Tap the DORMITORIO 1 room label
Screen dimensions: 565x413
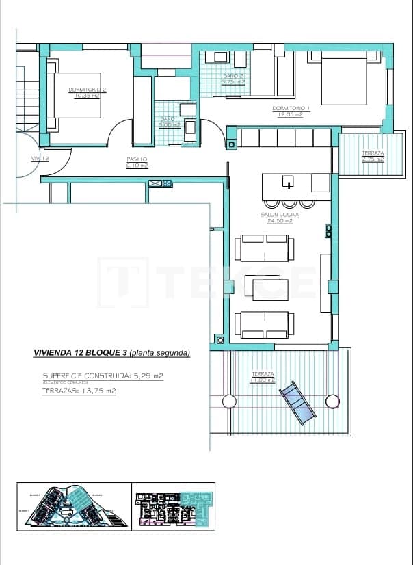pos(291,108)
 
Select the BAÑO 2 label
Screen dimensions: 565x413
pos(233,75)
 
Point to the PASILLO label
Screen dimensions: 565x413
pos(137,160)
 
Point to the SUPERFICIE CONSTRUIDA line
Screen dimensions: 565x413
pos(103,376)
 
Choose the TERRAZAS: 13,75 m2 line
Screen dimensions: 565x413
pos(79,391)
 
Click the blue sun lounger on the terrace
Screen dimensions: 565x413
pos(297,402)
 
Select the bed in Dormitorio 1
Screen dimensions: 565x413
pos(343,80)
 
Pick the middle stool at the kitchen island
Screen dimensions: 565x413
pos(289,202)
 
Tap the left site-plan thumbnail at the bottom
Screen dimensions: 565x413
pos(73,506)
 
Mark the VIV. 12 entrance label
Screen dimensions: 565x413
pos(40,159)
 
